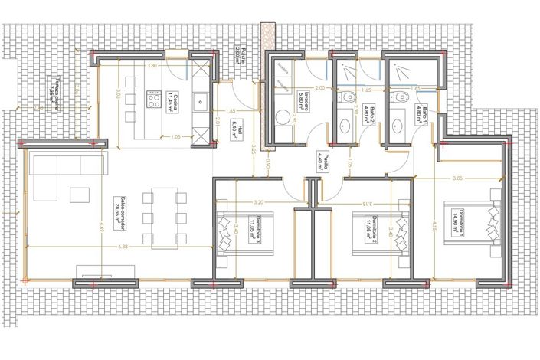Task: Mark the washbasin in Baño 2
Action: click(344, 126)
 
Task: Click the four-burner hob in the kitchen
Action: click(151, 100)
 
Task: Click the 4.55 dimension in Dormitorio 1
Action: click(434, 227)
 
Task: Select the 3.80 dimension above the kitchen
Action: click(152, 66)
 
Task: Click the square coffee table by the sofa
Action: click(80, 195)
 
